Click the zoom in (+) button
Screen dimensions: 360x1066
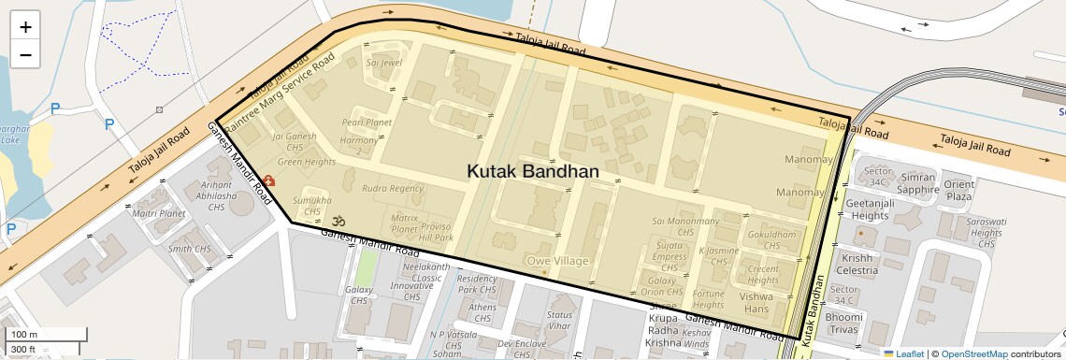pyautogui.click(x=25, y=26)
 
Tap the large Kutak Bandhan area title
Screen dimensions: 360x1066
pyautogui.click(x=533, y=172)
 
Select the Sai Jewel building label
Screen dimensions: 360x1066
pyautogui.click(x=384, y=64)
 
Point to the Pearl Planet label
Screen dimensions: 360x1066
pyautogui.click(x=367, y=122)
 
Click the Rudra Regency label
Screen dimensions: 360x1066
pyautogui.click(x=393, y=189)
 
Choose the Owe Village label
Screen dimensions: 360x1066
pyautogui.click(x=557, y=261)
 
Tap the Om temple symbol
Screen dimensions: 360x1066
pyautogui.click(x=339, y=221)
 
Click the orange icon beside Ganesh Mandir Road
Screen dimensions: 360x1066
pyautogui.click(x=268, y=180)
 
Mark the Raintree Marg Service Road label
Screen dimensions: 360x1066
pyautogui.click(x=291, y=92)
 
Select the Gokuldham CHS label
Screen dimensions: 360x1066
pyautogui.click(x=771, y=240)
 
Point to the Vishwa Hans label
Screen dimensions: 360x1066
pyautogui.click(x=756, y=303)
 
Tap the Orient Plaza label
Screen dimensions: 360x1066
pyautogui.click(x=958, y=191)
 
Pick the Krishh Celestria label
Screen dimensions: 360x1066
pyautogui.click(x=857, y=264)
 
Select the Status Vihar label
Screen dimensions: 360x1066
pyautogui.click(x=559, y=320)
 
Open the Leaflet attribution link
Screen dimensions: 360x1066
pyautogui.click(x=903, y=353)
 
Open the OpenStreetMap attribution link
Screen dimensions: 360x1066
pyautogui.click(x=973, y=353)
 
